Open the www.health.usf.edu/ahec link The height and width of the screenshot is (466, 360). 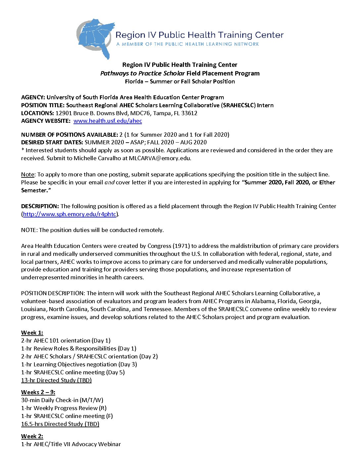point(108,121)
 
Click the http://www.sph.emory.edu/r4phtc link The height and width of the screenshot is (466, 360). point(69,214)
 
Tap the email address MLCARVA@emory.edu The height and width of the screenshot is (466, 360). point(160,158)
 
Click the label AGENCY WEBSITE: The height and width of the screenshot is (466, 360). point(46,121)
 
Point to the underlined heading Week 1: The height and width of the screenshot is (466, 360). point(32,333)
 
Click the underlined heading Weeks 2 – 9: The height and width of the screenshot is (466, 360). point(38,392)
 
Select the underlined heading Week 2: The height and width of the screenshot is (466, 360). point(32,436)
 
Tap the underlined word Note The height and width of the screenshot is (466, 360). point(27,174)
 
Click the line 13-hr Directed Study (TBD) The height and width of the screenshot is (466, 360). point(56,380)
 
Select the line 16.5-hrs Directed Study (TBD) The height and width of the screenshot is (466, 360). point(60,424)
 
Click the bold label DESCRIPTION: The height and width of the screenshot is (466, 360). point(40,206)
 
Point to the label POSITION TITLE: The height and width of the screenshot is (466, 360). point(43,105)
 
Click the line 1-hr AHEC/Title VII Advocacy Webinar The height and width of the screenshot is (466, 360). point(71,444)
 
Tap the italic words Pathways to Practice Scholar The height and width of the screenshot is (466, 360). point(142,73)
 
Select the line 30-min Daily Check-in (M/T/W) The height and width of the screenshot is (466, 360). point(62,400)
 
